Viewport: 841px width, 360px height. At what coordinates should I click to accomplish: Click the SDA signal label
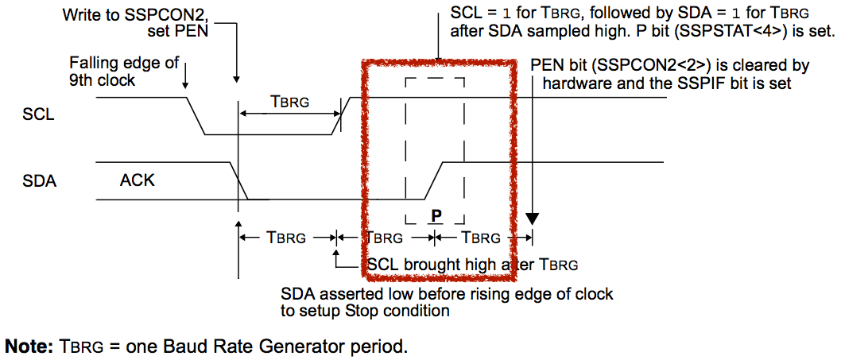pyautogui.click(x=40, y=181)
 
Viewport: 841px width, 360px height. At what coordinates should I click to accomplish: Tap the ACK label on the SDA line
pyautogui.click(x=137, y=180)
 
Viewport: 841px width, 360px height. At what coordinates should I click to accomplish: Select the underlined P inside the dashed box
pyautogui.click(x=436, y=216)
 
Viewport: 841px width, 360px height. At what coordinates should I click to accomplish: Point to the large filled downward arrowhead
pyautogui.click(x=532, y=219)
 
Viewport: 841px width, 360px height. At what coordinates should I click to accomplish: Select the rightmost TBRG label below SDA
pyautogui.click(x=481, y=237)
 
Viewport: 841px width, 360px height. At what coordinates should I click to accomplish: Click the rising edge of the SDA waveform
pyautogui.click(x=433, y=180)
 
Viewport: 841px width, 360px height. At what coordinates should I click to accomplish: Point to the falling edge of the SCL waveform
pyautogui.click(x=196, y=116)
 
